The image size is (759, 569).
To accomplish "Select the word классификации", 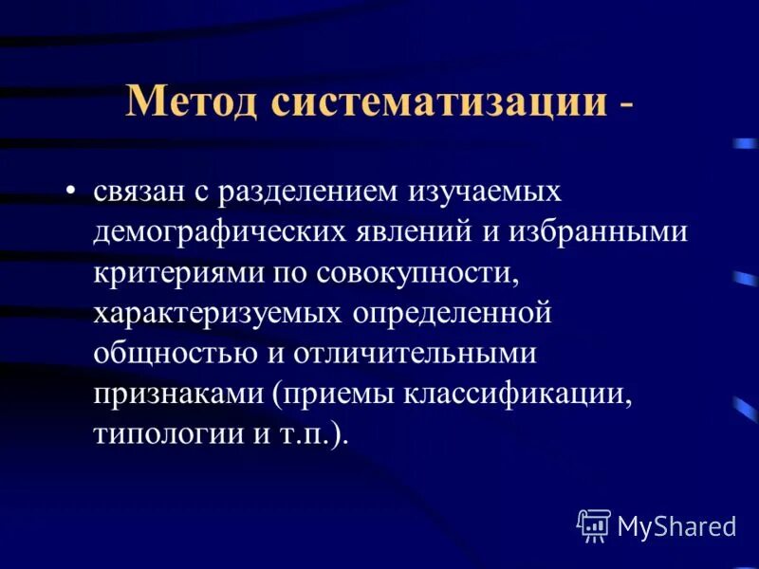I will click(517, 395).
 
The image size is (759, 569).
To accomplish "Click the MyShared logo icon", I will click(594, 525).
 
